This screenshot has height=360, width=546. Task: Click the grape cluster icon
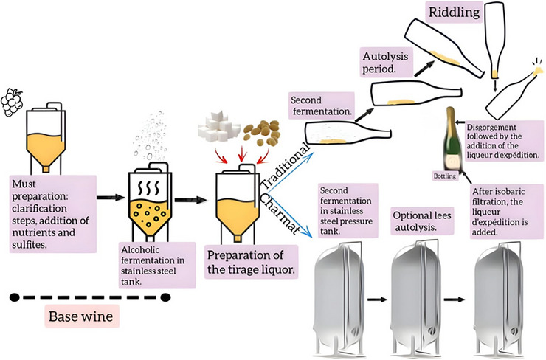click(x=12, y=103)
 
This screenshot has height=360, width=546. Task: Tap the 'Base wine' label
click(x=82, y=316)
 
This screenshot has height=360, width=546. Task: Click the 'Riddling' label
click(x=454, y=13)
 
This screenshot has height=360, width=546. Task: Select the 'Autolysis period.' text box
click(x=386, y=62)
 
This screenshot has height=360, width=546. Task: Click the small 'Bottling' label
click(x=445, y=176)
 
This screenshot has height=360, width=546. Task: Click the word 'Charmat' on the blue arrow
click(x=280, y=214)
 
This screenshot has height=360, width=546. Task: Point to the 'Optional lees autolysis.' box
click(x=422, y=221)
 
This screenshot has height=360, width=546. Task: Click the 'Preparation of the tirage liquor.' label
click(x=251, y=262)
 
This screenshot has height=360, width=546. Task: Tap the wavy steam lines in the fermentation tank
click(x=149, y=188)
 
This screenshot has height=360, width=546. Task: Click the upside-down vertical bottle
click(x=494, y=40)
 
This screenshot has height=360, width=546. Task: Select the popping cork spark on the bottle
click(x=538, y=66)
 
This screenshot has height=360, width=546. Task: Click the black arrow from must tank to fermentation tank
click(x=111, y=198)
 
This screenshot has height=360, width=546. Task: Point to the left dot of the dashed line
click(x=15, y=297)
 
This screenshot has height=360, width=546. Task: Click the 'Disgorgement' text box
click(x=504, y=141)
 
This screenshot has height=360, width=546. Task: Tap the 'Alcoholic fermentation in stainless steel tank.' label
click(x=156, y=266)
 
